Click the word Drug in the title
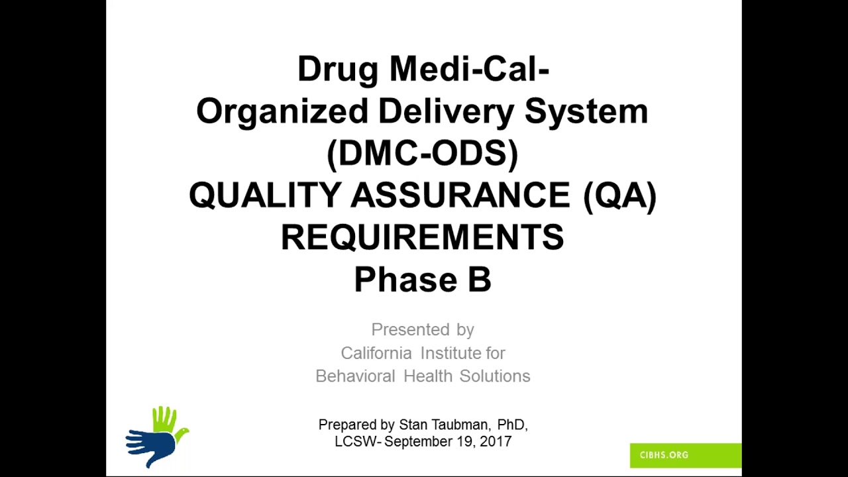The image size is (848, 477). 337,69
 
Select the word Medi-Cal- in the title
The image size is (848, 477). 468,69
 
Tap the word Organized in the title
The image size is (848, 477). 282,111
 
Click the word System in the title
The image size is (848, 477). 586,111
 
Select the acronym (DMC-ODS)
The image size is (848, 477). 422,153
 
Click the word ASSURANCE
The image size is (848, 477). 460,195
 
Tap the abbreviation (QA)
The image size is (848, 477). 620,195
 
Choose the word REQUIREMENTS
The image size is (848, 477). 422,237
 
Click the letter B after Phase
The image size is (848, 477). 479,280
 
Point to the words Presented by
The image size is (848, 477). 422,329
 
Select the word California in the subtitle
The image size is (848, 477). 376,352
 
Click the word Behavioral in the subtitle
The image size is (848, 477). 354,376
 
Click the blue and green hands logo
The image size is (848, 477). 156,437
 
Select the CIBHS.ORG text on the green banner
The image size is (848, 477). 664,455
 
